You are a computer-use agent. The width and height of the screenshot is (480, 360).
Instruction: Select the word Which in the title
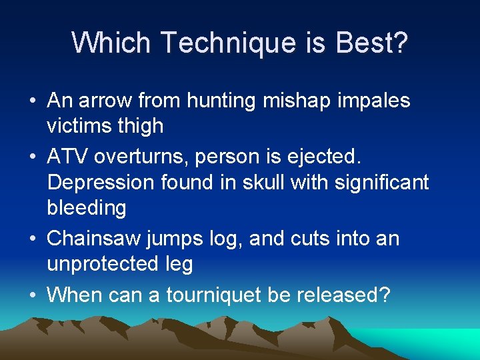[112, 43]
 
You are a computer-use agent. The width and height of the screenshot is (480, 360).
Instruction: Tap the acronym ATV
[68, 156]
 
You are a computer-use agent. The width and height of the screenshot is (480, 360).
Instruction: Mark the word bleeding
[87, 208]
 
